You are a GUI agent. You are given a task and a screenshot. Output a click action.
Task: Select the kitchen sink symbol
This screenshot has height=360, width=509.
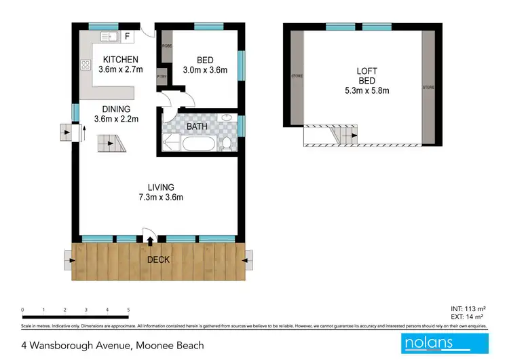pyautogui.click(x=108, y=35)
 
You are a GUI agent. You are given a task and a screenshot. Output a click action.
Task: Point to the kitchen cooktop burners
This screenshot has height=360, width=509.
pyautogui.click(x=86, y=66)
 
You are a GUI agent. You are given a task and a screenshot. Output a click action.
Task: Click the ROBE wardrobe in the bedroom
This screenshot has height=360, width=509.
pyautogui.click(x=166, y=46)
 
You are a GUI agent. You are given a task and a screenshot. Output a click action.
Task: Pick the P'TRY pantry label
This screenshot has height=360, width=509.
pyautogui.click(x=162, y=76)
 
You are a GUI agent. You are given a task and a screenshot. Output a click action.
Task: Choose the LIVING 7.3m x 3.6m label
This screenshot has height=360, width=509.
pyautogui.click(x=162, y=192)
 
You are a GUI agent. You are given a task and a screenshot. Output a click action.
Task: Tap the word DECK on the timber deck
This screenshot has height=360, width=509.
pyautogui.click(x=159, y=259)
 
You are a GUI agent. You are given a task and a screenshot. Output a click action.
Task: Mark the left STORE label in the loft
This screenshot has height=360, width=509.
pyautogui.click(x=296, y=76)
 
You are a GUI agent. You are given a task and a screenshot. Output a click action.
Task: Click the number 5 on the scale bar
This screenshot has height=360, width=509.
pyautogui.click(x=128, y=309)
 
